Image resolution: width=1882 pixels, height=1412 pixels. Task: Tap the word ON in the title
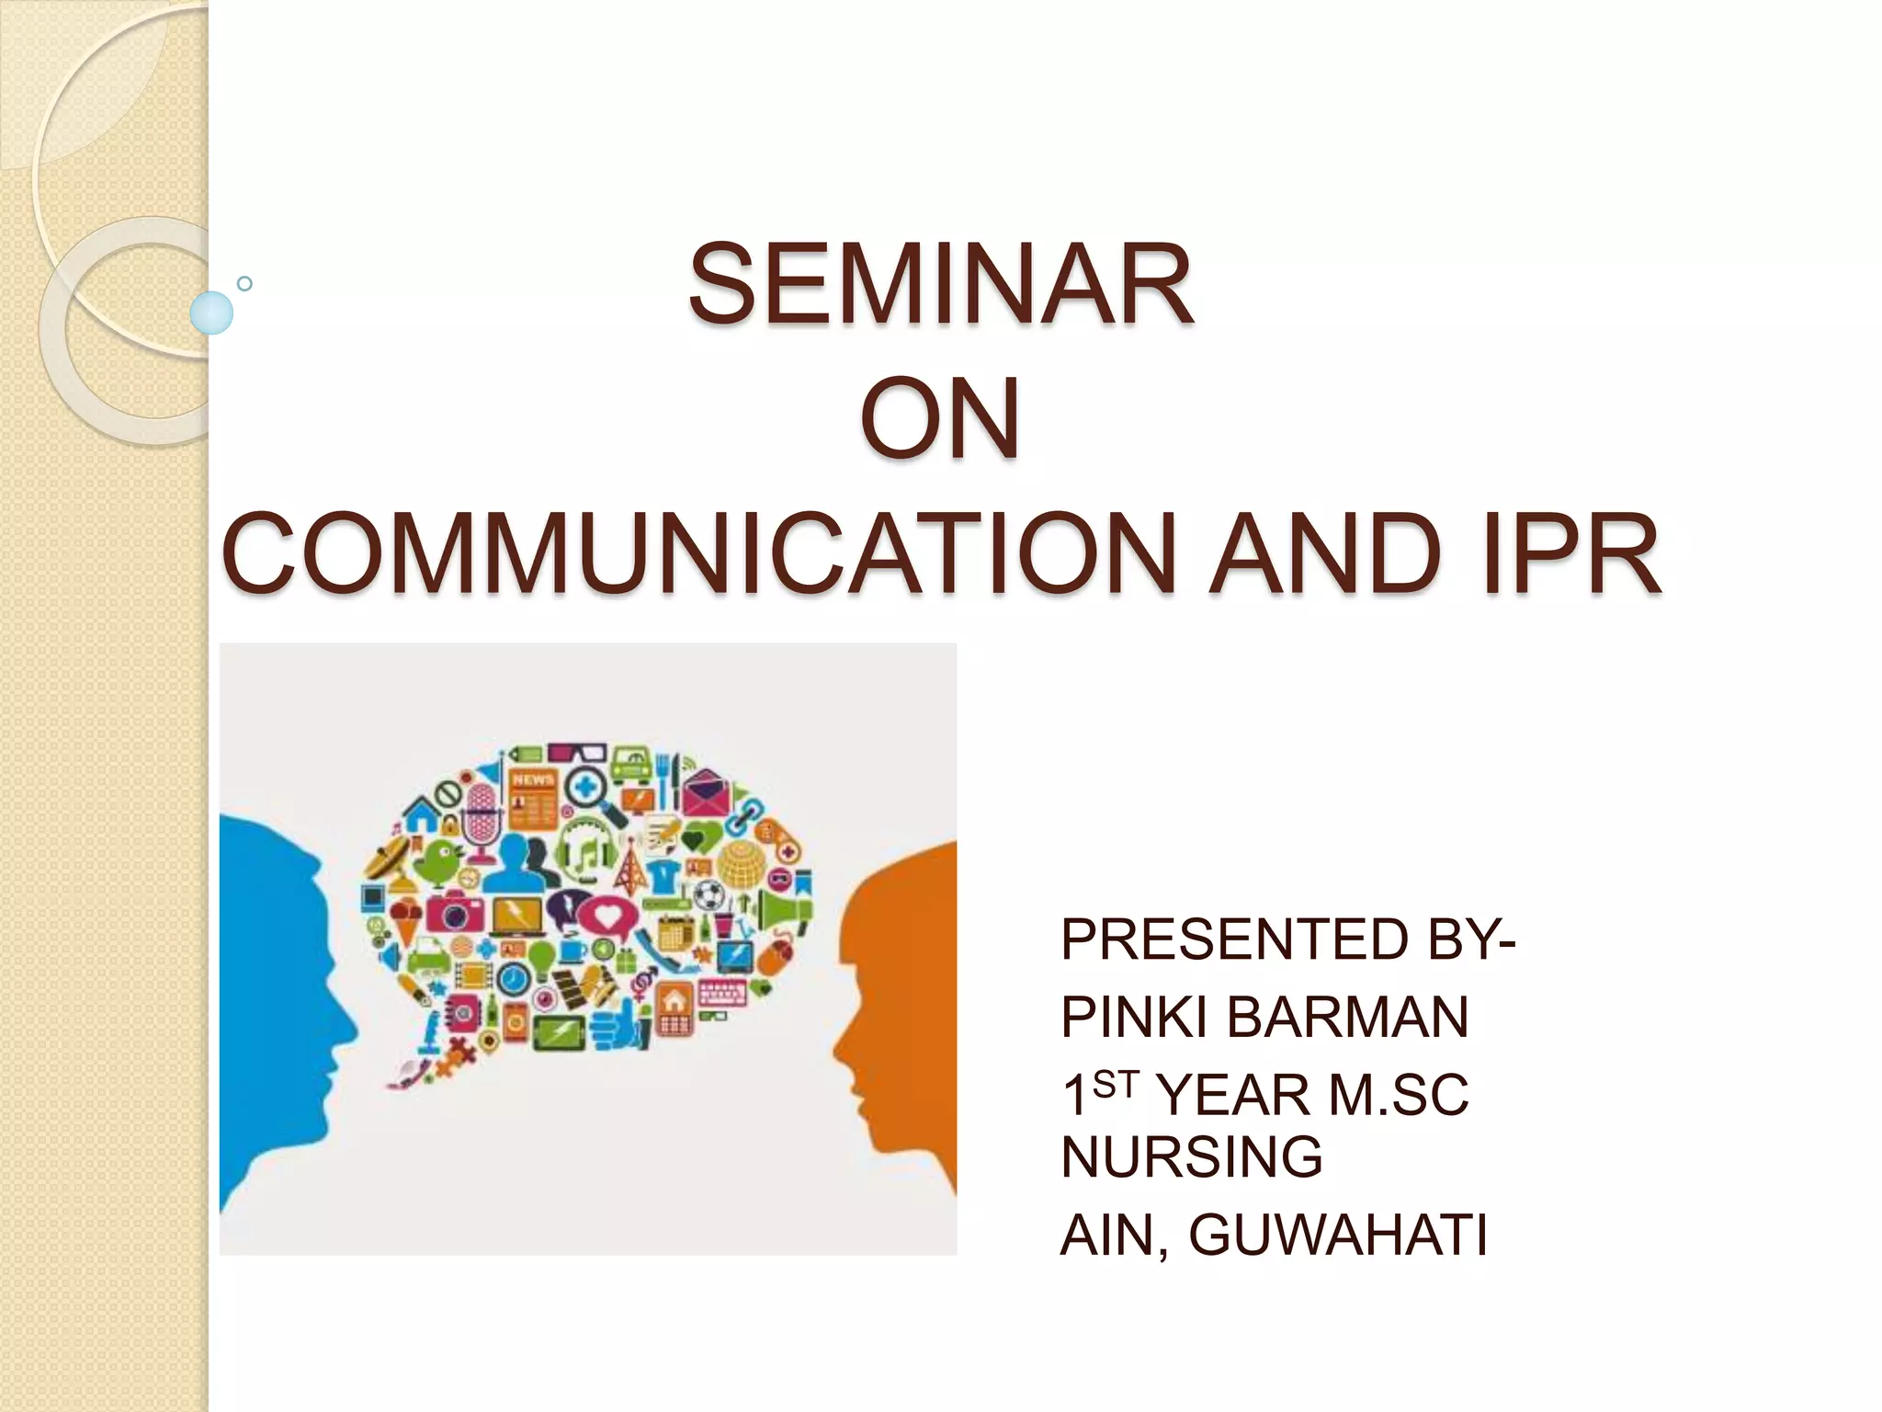click(940, 418)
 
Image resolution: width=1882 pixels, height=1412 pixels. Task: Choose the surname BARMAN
click(1347, 1017)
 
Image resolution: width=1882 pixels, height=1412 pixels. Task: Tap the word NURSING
click(1191, 1156)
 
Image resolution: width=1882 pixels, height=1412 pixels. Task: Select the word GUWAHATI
click(1337, 1235)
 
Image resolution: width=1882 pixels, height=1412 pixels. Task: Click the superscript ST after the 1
click(1116, 1086)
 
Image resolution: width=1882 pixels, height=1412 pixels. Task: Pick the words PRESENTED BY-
click(1287, 939)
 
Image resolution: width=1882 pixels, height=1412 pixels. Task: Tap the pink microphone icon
click(479, 811)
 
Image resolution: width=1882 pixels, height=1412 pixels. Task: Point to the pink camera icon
click(454, 911)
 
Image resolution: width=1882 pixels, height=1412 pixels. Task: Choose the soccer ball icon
click(708, 893)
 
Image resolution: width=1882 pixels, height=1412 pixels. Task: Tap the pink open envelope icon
click(705, 792)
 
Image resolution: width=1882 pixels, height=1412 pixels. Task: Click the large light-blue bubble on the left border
click(211, 313)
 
